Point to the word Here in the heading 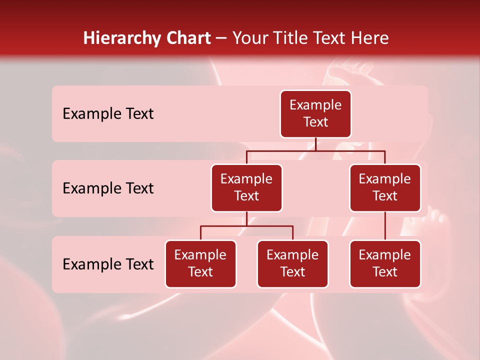pos(370,38)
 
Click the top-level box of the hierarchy pos(315,114)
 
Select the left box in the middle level pos(246,187)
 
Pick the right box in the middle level pos(385,187)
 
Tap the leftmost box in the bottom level pos(200,263)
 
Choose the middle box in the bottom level pos(292,263)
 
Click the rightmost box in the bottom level pos(385,263)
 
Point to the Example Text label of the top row pos(108,114)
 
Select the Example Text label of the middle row pos(108,188)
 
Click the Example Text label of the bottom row pos(108,264)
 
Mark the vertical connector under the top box pos(315,144)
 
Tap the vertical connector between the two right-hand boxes pos(385,226)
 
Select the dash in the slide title pos(221,38)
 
